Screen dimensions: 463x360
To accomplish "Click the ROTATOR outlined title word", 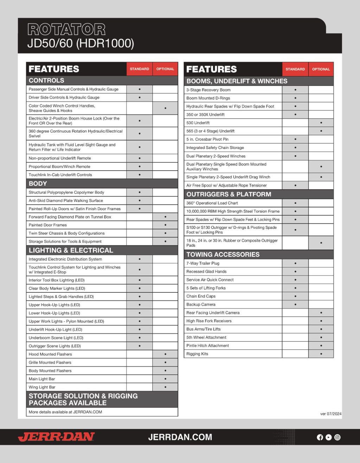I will coord(66,30).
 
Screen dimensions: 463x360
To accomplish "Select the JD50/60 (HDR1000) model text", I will coord(81,43).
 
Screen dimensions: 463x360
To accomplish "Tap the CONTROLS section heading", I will coord(46,80).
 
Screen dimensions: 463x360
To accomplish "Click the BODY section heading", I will coord(38,183).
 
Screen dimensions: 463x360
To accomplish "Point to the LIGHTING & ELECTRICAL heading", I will coord(71,250).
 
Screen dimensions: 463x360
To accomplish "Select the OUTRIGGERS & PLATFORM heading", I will coord(229,194).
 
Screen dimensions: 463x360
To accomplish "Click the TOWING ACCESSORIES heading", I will coord(223,254).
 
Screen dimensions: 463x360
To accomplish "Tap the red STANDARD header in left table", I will coord(140,69).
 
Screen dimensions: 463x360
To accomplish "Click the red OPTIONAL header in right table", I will coord(321,69).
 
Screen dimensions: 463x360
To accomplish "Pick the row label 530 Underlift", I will coord(198,123).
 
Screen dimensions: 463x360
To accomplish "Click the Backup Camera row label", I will coord(201,304).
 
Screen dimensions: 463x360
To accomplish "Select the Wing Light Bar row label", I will coord(42,387).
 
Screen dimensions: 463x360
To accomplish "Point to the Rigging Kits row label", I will coord(197,354).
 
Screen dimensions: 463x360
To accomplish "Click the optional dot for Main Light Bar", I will coord(165,379).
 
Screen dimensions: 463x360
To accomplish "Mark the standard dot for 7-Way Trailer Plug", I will coord(295,263).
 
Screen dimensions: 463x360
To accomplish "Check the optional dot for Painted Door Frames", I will coord(165,225).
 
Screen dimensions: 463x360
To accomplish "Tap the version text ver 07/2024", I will coord(330,414).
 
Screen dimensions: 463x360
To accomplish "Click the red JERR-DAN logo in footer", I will coord(56,437).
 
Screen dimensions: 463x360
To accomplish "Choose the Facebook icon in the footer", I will coord(320,437).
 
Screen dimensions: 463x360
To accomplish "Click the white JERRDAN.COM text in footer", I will coord(180,437).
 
